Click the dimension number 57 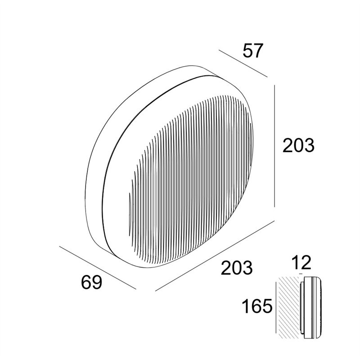coord(252,51)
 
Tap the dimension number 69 coord(91,282)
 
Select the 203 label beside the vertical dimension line coord(298,145)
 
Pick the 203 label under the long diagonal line coord(237,267)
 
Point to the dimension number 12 coord(301,262)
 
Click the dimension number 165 coord(257,306)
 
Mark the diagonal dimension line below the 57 coord(243,63)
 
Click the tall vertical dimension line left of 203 coord(274,146)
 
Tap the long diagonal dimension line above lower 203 coord(215,256)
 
